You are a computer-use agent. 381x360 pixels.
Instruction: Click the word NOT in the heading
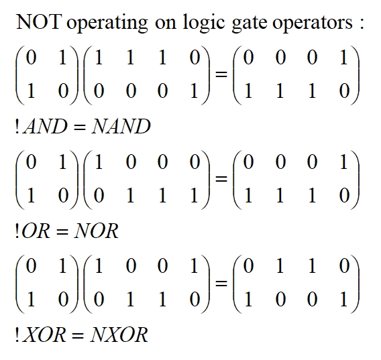click(x=39, y=21)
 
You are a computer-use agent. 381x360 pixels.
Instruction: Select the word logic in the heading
click(x=203, y=23)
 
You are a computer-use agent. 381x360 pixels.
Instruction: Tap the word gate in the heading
click(x=250, y=24)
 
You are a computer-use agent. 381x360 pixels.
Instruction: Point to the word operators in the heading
click(x=312, y=24)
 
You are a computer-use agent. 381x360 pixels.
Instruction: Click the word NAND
click(x=121, y=127)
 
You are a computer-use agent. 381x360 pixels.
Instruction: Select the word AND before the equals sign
click(x=45, y=127)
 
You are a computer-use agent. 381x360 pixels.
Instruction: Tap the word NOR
click(x=96, y=231)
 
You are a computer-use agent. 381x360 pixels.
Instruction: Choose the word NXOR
click(x=119, y=335)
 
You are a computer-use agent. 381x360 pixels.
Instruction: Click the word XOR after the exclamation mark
click(x=44, y=335)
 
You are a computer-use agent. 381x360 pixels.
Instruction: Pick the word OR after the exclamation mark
click(x=36, y=231)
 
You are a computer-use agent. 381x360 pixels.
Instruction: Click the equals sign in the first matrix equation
click(x=221, y=74)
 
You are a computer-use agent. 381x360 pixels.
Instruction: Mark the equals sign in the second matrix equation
click(x=221, y=179)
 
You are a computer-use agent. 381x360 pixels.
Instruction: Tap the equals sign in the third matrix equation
click(x=221, y=283)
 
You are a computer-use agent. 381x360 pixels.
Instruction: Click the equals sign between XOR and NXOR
click(x=78, y=336)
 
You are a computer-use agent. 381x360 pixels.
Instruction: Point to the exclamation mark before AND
click(x=17, y=127)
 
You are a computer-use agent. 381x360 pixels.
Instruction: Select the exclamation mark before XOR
click(x=17, y=335)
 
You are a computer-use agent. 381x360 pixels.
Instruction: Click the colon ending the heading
click(x=362, y=24)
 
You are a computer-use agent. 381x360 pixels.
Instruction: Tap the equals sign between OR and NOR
click(x=62, y=232)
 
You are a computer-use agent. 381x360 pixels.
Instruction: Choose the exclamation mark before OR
click(x=17, y=231)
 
